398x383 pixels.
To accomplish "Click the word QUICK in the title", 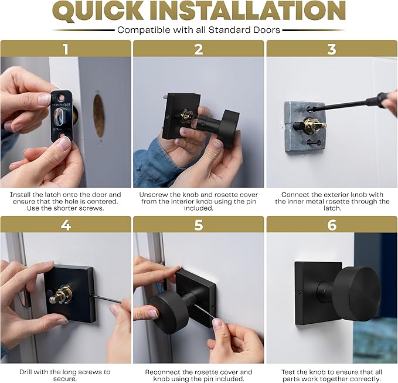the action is click(x=99, y=11).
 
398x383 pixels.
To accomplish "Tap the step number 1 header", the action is click(x=66, y=49).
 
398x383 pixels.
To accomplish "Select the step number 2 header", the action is click(x=199, y=49).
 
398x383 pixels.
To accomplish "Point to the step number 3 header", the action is click(x=332, y=49).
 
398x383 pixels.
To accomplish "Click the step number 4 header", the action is click(x=66, y=225).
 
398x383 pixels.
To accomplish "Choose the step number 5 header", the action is click(x=199, y=225).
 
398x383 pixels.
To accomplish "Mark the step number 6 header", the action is click(x=332, y=225).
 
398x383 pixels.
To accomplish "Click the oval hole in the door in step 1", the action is click(x=98, y=116).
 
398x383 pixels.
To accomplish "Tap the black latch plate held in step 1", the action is click(x=62, y=116).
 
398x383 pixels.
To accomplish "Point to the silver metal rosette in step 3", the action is click(x=305, y=127).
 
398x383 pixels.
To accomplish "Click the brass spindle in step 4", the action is click(x=62, y=295).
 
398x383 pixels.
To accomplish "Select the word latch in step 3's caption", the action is click(x=332, y=208).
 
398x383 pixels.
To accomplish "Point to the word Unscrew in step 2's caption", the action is click(x=153, y=195).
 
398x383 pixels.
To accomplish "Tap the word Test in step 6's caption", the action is click(x=287, y=372).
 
